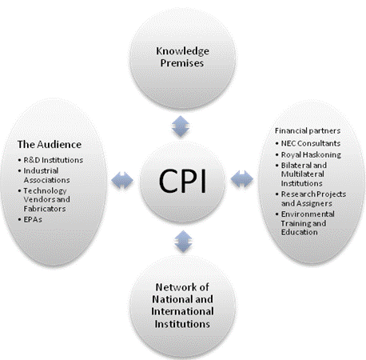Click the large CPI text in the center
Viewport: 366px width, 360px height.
[x=182, y=182]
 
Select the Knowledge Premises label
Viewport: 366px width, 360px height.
[x=182, y=57]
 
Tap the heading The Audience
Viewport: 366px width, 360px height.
[x=50, y=144]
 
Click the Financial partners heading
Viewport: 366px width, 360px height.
[x=308, y=130]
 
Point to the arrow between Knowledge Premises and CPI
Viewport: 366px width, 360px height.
[x=181, y=126]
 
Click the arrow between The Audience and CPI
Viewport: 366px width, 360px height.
[x=122, y=180]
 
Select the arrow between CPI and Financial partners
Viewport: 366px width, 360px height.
[x=242, y=178]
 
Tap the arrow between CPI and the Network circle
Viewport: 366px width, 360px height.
[x=183, y=242]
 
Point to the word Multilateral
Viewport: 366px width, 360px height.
[x=303, y=174]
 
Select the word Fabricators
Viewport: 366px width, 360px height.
[x=45, y=209]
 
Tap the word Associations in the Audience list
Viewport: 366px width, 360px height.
[x=46, y=180]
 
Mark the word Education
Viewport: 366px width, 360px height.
[x=300, y=232]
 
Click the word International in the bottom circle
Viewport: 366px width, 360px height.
[x=182, y=311]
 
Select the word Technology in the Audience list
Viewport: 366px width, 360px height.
[x=45, y=191]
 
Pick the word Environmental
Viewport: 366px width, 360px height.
[x=308, y=214]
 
